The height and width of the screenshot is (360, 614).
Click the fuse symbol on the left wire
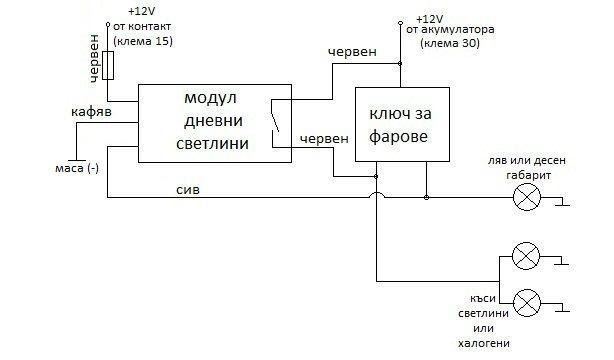108,66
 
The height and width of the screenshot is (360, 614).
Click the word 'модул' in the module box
210,101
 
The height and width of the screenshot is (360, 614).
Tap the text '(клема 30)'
444,47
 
